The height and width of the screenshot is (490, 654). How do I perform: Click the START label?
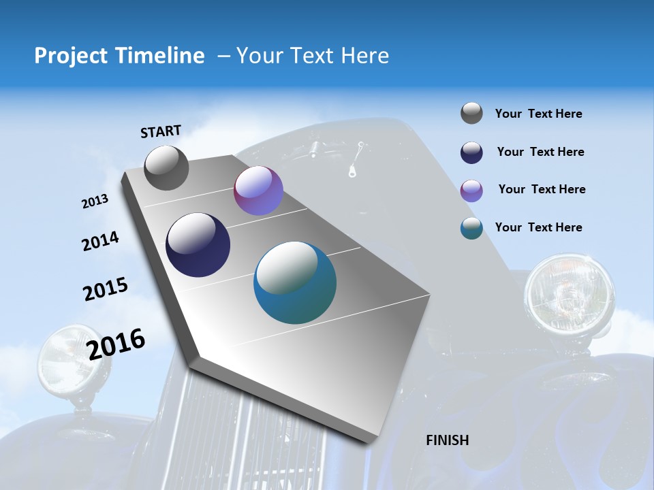[x=161, y=131]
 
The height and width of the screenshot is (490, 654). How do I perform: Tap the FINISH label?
[x=448, y=440]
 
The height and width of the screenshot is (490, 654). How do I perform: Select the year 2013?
[x=95, y=201]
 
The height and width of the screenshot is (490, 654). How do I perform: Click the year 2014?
[x=100, y=242]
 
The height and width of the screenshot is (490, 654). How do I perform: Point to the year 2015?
[x=106, y=289]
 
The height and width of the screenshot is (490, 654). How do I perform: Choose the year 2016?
[x=116, y=344]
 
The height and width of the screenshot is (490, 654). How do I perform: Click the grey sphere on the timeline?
[x=166, y=168]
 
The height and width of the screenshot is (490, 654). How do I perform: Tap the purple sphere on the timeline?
[x=258, y=191]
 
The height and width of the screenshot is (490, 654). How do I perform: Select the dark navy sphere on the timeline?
[x=198, y=245]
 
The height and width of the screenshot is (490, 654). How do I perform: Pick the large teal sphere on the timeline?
[x=295, y=282]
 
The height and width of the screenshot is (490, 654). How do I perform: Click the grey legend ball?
[x=471, y=114]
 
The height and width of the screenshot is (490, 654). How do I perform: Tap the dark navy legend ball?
[x=471, y=152]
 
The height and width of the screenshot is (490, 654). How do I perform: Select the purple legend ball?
[x=471, y=191]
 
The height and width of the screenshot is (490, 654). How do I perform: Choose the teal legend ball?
[x=471, y=228]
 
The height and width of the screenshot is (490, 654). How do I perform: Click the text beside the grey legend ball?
[x=538, y=114]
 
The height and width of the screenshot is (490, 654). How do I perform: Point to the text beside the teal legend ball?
[x=538, y=227]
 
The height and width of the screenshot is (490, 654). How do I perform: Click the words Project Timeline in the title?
[x=119, y=56]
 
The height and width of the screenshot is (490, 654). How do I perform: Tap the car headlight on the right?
[x=569, y=294]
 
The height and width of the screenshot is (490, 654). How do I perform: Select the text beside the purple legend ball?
[x=542, y=189]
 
